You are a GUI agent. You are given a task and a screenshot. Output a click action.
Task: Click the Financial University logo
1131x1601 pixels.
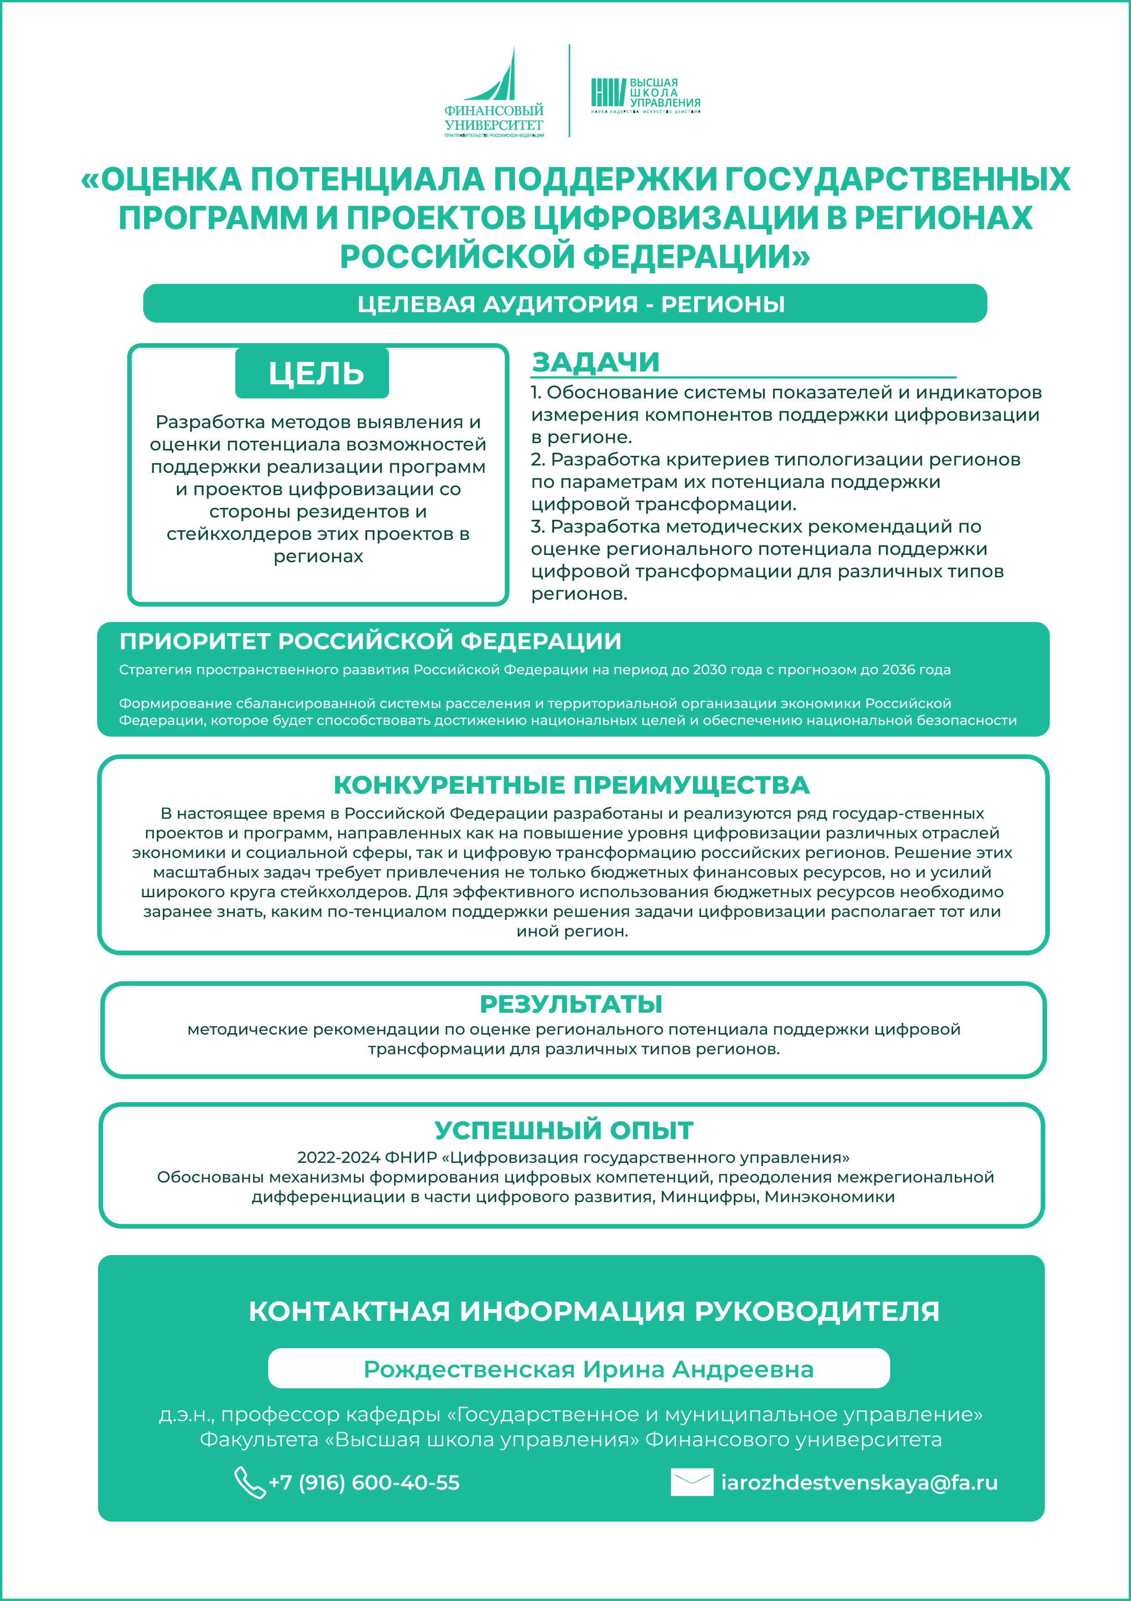[x=494, y=92]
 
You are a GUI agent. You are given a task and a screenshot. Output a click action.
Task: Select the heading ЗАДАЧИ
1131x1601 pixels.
[x=595, y=362]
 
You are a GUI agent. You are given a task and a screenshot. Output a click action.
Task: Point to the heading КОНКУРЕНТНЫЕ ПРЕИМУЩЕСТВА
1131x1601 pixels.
[x=571, y=785]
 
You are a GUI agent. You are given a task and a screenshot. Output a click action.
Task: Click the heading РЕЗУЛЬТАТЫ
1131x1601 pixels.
[x=571, y=1004]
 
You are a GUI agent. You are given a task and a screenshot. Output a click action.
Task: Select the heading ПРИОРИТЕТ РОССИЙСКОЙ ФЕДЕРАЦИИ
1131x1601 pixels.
[x=370, y=641]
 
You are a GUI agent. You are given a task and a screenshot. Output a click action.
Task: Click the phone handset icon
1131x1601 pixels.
[x=249, y=1482]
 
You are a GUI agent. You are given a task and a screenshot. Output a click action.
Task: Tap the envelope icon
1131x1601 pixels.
[x=691, y=1482]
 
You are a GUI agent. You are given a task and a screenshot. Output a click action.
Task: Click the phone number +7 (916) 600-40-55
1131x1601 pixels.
[x=364, y=1482]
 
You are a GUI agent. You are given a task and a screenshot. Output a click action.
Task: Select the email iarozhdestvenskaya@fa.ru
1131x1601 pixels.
[x=859, y=1482]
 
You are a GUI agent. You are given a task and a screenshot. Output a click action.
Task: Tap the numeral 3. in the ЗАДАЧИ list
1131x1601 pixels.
[x=538, y=527]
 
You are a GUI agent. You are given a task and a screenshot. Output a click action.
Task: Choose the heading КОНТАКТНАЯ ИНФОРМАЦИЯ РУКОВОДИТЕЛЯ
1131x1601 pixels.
[x=594, y=1311]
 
